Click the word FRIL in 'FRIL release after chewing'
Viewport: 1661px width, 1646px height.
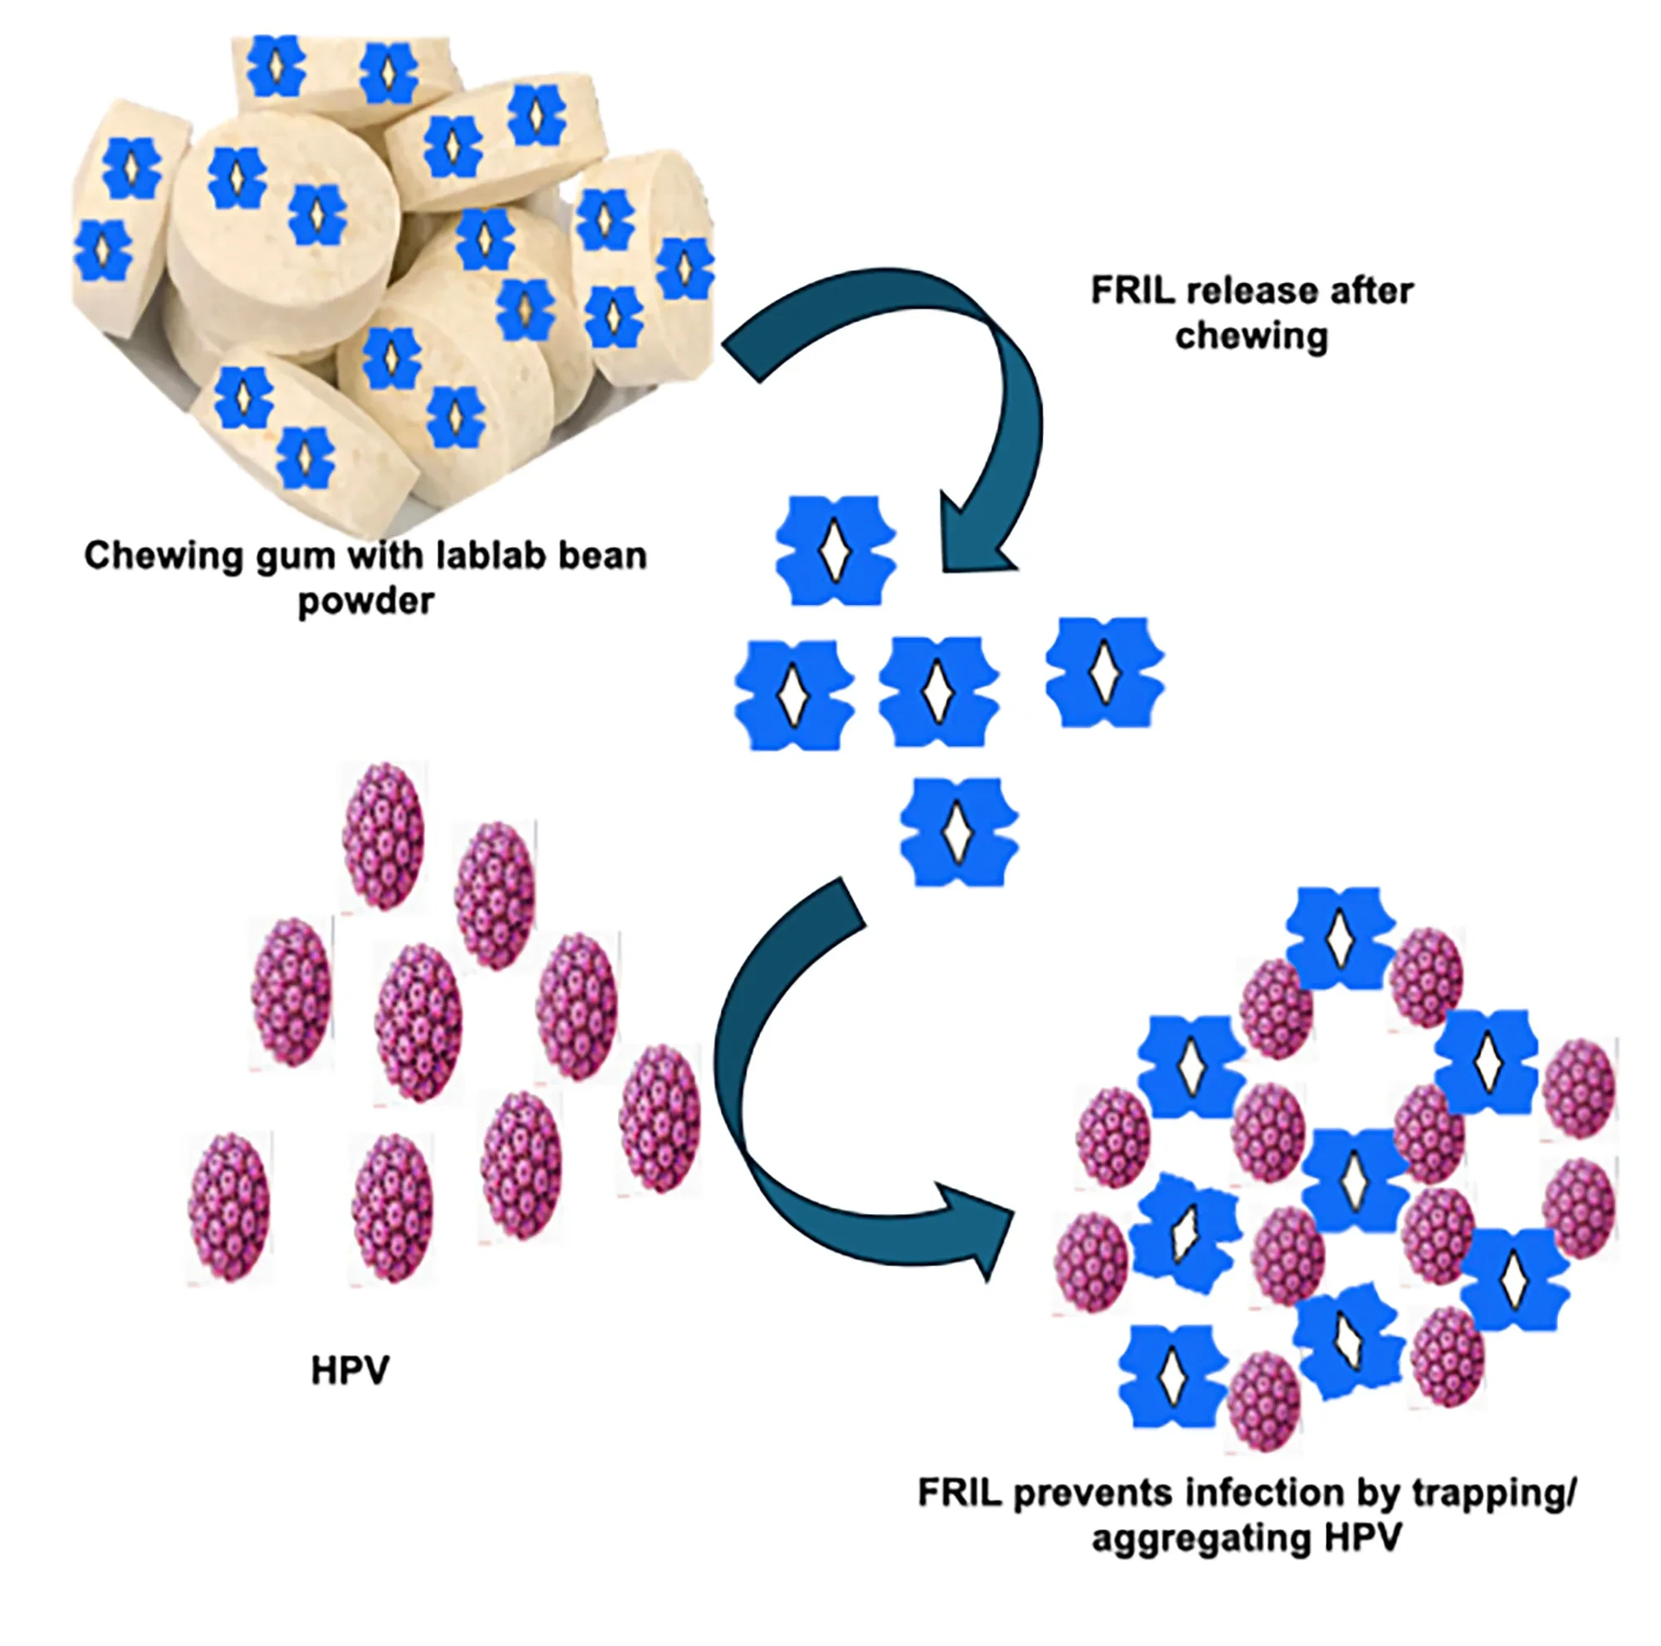tap(1132, 291)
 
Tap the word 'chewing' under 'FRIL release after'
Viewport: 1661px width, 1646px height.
tap(1251, 337)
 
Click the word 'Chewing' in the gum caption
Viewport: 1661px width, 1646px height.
tap(163, 558)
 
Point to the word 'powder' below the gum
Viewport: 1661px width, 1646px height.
tap(366, 601)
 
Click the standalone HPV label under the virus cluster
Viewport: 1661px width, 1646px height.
tap(350, 1371)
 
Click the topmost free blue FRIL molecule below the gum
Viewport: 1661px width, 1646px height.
tap(835, 550)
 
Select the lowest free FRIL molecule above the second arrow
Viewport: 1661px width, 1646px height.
tap(958, 833)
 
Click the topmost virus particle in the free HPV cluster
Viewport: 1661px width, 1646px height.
tap(384, 836)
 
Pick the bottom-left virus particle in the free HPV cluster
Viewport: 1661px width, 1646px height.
tap(228, 1207)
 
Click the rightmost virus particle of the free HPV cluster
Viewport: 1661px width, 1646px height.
tap(659, 1118)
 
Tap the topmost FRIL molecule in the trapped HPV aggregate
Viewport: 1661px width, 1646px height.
tap(1340, 938)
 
